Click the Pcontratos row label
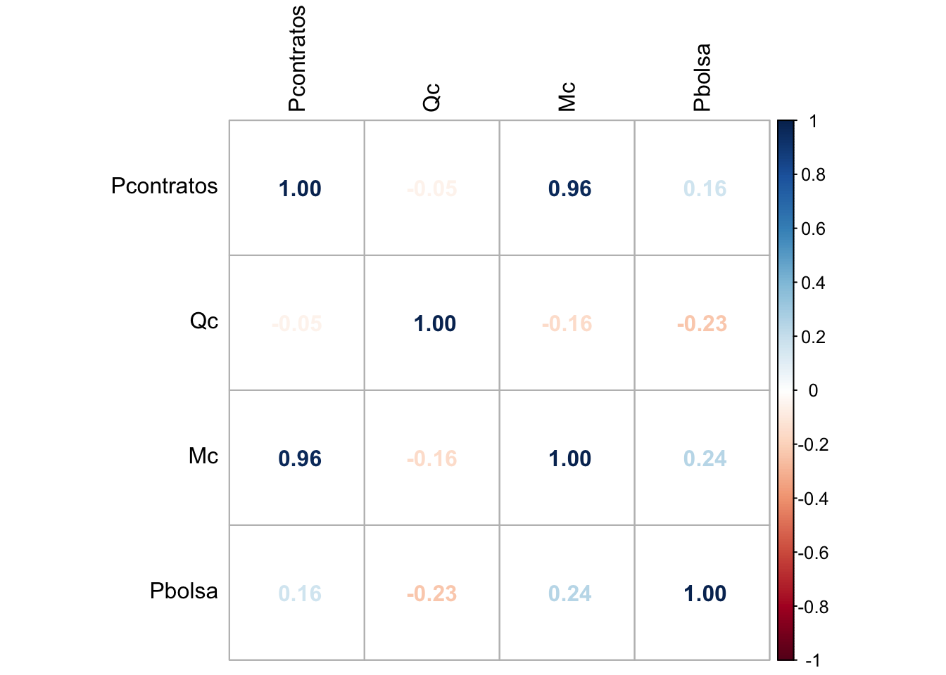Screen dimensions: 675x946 click(165, 186)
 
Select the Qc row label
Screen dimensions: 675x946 click(204, 321)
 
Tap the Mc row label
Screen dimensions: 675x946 click(203, 456)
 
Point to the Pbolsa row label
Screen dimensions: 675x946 click(184, 591)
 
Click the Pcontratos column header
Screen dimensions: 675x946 click(297, 58)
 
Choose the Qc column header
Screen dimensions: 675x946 click(431, 97)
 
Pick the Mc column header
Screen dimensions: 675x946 click(567, 97)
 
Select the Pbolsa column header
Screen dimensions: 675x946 click(702, 77)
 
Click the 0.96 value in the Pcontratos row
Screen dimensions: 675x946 click(569, 188)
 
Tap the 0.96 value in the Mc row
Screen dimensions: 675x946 click(300, 458)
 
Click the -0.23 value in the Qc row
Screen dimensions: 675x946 click(702, 323)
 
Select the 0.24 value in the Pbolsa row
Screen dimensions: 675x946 click(569, 593)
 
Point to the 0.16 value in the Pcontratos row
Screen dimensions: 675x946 click(705, 188)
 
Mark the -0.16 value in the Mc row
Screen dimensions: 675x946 click(431, 458)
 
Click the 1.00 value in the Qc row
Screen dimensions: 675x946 click(434, 323)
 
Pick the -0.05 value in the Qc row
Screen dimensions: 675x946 click(296, 323)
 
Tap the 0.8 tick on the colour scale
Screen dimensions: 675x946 click(813, 175)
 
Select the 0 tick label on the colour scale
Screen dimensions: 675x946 click(813, 391)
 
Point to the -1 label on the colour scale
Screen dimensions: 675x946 click(812, 660)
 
